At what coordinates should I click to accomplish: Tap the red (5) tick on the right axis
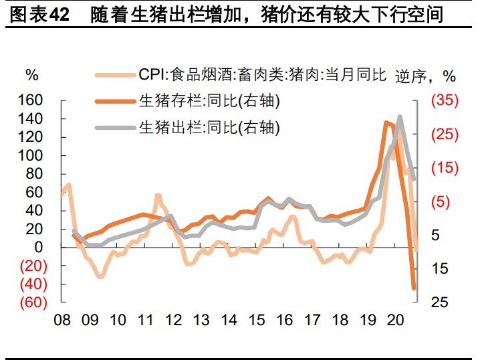click(444, 201)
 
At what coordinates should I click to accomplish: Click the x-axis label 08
click(62, 320)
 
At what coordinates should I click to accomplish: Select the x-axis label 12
click(173, 320)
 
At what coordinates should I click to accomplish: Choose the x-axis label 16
click(285, 320)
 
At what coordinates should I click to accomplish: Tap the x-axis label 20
click(396, 320)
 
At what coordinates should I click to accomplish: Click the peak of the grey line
click(400, 117)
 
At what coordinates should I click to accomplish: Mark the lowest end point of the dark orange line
click(414, 288)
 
